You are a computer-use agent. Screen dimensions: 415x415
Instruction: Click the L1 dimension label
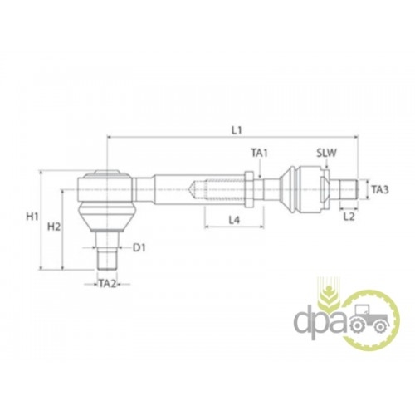pyautogui.click(x=237, y=130)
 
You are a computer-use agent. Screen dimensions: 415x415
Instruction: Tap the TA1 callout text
pyautogui.click(x=260, y=153)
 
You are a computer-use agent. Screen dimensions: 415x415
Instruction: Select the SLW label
pyautogui.click(x=327, y=153)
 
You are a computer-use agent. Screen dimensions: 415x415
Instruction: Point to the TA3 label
pyautogui.click(x=380, y=190)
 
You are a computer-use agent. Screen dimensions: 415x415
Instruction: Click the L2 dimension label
pyautogui.click(x=349, y=217)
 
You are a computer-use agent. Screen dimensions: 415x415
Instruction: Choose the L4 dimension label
pyautogui.click(x=234, y=220)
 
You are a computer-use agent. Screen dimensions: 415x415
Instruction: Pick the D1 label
pyautogui.click(x=139, y=248)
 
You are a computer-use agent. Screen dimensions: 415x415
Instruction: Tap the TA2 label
pyautogui.click(x=108, y=284)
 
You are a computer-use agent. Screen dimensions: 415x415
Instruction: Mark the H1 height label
pyautogui.click(x=32, y=217)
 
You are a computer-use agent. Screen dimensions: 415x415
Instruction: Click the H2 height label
pyautogui.click(x=54, y=227)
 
